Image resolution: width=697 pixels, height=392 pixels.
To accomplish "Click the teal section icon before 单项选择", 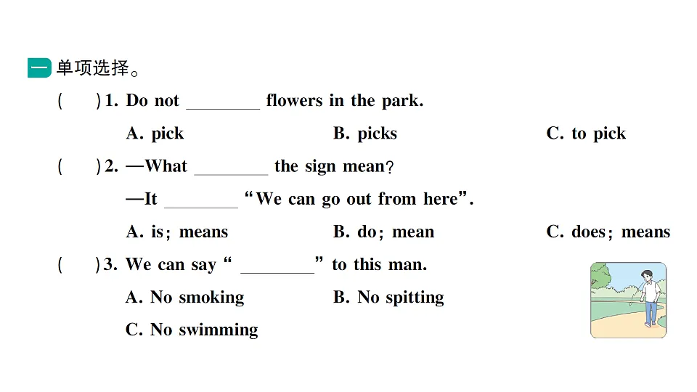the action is click(39, 68).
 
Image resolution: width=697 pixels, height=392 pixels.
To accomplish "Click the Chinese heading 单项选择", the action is click(93, 68).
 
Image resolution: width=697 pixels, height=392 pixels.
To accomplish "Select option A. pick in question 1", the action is click(155, 134).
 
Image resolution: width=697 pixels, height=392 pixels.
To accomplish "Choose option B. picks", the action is click(365, 134).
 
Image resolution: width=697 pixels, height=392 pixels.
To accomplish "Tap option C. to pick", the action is click(586, 134).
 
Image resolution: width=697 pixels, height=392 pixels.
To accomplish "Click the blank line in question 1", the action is click(223, 108).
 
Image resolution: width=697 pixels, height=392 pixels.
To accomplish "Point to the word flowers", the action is click(294, 100).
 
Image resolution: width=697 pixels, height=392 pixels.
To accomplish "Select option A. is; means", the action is click(177, 232).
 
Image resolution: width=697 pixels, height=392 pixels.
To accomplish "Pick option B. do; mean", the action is click(383, 232).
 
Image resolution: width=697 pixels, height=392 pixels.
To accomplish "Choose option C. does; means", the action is click(608, 232).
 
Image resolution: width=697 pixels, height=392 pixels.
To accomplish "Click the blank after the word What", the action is click(231, 174).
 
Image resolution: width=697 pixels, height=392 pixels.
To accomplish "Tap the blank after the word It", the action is click(201, 207).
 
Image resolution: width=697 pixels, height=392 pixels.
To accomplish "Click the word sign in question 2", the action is click(320, 167).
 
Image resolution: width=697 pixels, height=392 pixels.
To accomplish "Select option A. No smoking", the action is click(185, 298).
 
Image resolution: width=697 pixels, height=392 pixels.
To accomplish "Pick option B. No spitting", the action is click(388, 298).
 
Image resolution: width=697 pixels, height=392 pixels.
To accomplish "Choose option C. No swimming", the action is click(192, 330).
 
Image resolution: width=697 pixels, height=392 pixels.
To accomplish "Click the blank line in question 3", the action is click(277, 272).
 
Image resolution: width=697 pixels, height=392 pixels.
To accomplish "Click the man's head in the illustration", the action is click(647, 276).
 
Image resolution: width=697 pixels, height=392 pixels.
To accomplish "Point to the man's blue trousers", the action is click(651, 311).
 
